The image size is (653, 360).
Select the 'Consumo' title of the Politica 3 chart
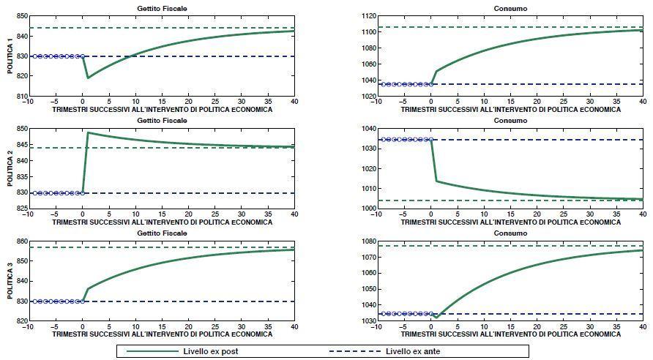[x=510, y=233]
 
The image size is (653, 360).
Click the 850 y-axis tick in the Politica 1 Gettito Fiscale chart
[x=16, y=15]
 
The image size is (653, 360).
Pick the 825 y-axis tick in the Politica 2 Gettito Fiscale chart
[x=16, y=209]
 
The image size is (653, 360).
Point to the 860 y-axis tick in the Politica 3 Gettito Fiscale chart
[x=16, y=241]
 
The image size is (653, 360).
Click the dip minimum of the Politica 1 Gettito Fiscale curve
[x=88, y=78]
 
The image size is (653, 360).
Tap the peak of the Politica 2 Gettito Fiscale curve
[x=88, y=132]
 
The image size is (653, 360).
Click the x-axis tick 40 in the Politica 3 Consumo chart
[x=642, y=327]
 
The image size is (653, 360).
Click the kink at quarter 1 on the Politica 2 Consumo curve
[x=436, y=181]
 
